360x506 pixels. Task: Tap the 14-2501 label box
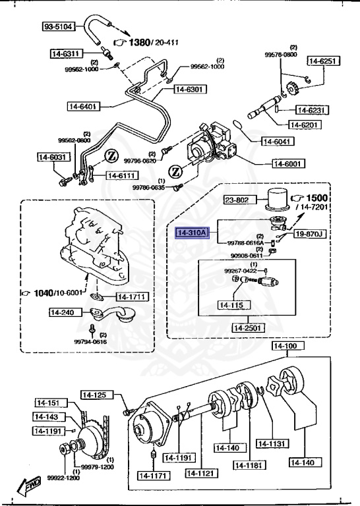pos(247,327)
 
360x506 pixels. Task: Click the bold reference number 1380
pos(140,42)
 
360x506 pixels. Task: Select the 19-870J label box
pos(310,233)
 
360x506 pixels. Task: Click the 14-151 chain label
pos(48,403)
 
